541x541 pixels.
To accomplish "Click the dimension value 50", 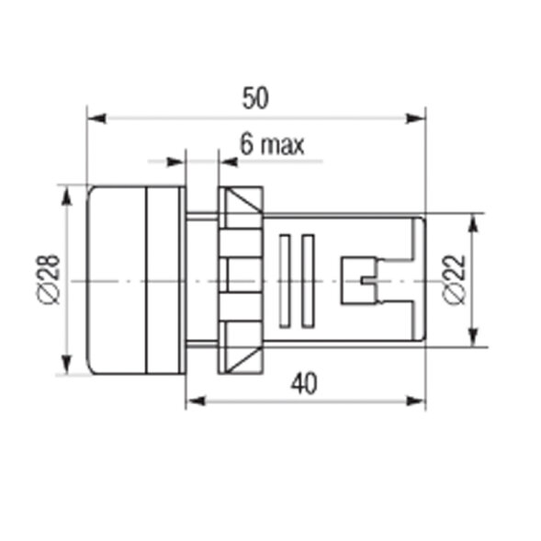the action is tap(255, 98).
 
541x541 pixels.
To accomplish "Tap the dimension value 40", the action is tap(304, 384).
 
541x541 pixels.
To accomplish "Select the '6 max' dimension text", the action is tap(272, 144).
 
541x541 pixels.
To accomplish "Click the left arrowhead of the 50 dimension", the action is tap(96, 118).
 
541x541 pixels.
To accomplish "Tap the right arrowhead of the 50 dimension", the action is tap(415, 118).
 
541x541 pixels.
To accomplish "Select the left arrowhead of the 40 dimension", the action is tap(196, 400).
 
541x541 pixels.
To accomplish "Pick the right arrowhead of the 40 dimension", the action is tap(415, 400).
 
